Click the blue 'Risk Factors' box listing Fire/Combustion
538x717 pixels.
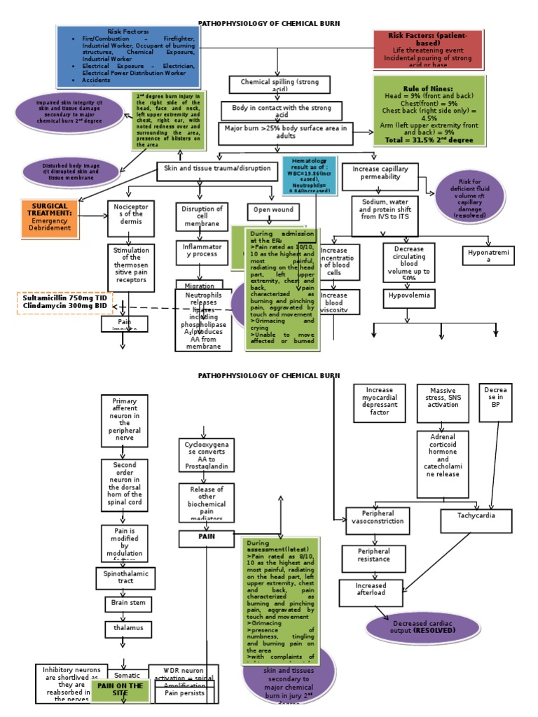click(x=130, y=57)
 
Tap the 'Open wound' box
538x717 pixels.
click(x=273, y=212)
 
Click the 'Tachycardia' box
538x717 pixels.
click(x=476, y=521)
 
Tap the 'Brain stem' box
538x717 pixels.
click(x=128, y=603)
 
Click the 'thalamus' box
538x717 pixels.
click(x=128, y=628)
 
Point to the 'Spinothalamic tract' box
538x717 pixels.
click(x=125, y=578)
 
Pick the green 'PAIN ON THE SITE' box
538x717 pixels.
click(x=120, y=690)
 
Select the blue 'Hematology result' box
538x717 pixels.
click(x=309, y=175)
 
